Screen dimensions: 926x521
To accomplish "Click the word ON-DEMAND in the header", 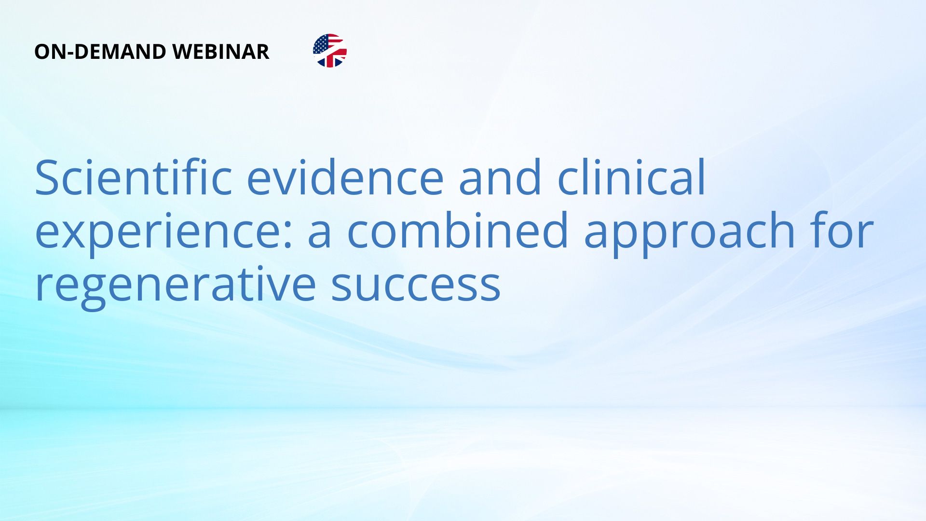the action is tap(100, 52).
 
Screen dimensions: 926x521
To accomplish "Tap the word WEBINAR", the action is tap(220, 52).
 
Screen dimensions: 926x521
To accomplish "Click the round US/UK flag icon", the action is tap(330, 51).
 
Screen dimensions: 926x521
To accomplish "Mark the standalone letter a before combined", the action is tap(320, 235).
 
